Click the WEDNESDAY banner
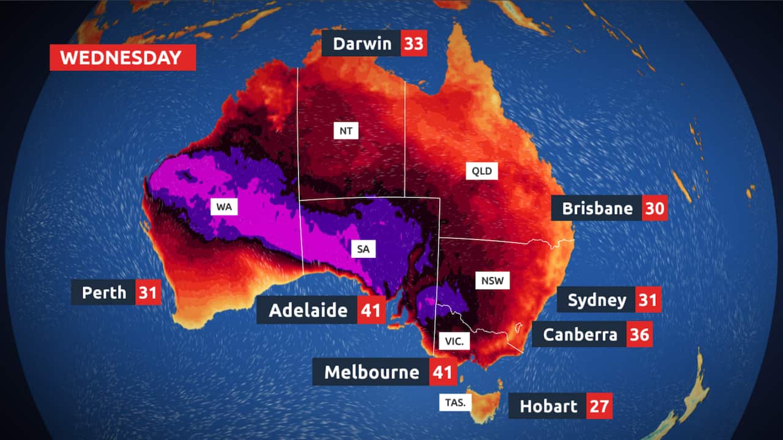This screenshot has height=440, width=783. (122, 57)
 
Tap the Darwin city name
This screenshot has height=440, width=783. (362, 44)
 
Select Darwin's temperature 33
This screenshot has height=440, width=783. (414, 44)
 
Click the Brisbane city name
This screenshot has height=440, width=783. (597, 208)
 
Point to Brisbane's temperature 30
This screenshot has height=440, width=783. (655, 208)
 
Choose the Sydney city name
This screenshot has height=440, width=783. (596, 300)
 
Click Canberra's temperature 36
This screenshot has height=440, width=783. (639, 334)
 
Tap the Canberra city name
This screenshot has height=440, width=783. (579, 334)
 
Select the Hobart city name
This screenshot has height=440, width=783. (548, 406)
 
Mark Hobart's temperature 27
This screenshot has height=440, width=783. (599, 406)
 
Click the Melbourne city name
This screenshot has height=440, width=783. (371, 372)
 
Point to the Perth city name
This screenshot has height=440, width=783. (104, 292)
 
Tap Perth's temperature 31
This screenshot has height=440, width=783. (148, 292)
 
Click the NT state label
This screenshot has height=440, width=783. (346, 130)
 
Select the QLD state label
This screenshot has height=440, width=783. (481, 170)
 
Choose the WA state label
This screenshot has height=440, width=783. (224, 207)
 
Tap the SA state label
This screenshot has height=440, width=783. (363, 248)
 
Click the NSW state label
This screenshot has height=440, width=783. (492, 280)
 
